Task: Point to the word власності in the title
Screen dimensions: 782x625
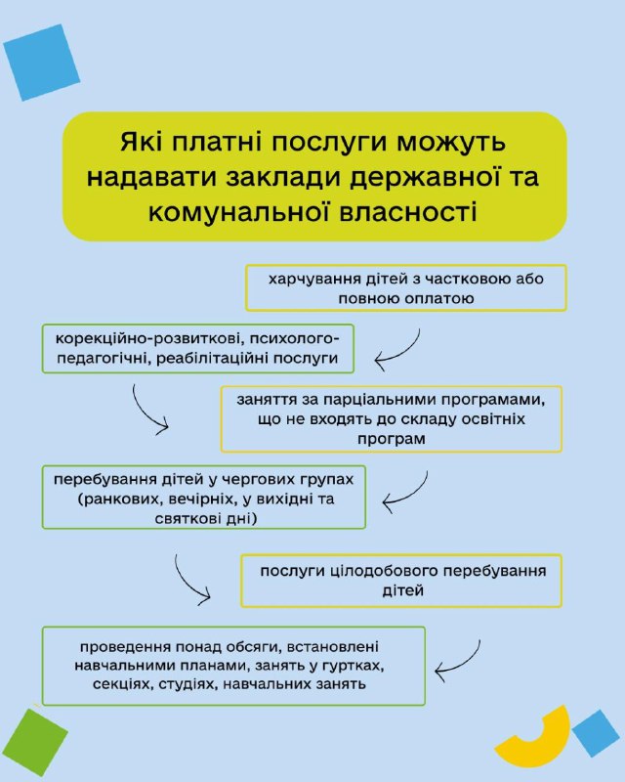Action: [x=418, y=209]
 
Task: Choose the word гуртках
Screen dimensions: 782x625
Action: [x=349, y=665]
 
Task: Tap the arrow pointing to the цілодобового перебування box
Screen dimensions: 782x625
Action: [x=191, y=579]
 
